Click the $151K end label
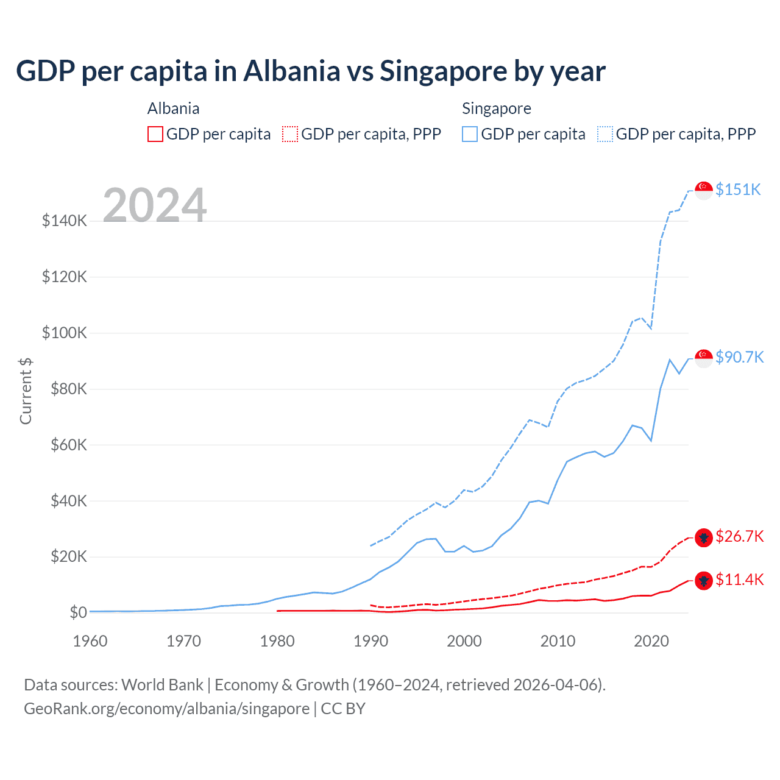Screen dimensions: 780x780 738,190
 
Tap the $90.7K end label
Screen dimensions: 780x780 739,357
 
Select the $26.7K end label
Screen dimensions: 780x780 739,536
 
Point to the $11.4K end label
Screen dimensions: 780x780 739,580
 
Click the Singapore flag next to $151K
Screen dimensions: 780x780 704,190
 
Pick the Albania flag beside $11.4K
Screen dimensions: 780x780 704,581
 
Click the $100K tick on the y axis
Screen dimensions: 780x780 65,333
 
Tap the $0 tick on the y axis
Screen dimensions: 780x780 78,612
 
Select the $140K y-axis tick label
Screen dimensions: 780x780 65,221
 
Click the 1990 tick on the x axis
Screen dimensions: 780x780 370,641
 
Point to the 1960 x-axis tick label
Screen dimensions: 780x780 90,641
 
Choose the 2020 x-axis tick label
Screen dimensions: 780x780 651,641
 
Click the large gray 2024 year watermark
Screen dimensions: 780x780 155,205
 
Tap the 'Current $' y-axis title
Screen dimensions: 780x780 26,391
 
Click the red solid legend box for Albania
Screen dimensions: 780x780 155,134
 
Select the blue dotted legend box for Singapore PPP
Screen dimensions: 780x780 604,134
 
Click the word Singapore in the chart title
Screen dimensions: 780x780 444,71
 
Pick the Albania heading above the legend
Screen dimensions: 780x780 173,108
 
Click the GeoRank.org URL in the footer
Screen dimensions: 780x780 166,709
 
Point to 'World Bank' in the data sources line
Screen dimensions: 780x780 162,685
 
